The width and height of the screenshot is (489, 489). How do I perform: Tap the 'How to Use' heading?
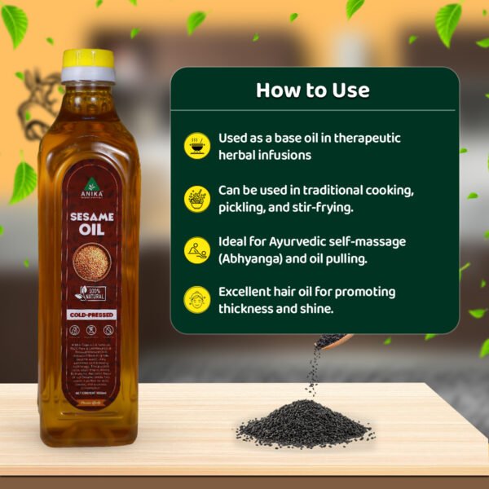point(313,90)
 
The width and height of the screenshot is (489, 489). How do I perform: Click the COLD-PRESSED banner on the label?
point(90,314)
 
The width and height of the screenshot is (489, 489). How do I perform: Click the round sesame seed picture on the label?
point(91,262)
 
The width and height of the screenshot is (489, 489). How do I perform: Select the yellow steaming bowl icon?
point(196,145)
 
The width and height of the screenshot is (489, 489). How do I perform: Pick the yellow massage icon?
point(196,249)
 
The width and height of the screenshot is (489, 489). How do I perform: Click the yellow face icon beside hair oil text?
point(196,299)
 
